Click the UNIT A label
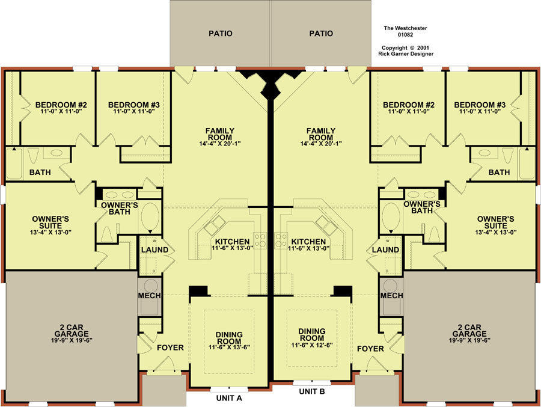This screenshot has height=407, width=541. click(229, 398)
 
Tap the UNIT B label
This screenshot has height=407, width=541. click(312, 391)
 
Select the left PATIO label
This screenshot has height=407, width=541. click(221, 34)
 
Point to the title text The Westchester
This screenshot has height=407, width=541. click(405, 28)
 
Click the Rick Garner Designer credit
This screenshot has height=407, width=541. click(406, 54)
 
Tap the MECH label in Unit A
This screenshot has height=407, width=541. click(150, 296)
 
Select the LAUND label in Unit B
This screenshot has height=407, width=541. click(385, 249)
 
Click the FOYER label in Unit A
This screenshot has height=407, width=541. click(171, 347)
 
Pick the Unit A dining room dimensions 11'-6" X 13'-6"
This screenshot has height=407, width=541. click(229, 347)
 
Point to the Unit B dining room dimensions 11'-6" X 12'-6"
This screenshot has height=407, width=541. click(312, 345)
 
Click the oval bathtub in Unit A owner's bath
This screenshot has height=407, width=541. click(150, 216)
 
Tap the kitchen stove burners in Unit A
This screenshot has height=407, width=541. click(260, 240)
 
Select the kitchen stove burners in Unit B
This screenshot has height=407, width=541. click(281, 240)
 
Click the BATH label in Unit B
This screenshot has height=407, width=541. click(500, 172)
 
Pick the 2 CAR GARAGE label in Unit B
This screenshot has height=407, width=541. click(469, 331)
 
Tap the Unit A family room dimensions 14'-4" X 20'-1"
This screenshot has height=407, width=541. click(220, 144)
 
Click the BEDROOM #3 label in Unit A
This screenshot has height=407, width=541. click(134, 105)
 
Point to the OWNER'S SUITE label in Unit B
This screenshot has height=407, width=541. click(495, 222)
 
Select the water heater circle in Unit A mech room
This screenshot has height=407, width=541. click(150, 286)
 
